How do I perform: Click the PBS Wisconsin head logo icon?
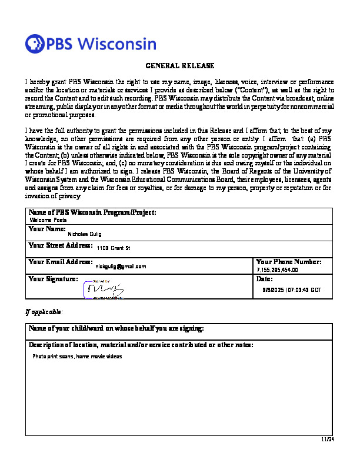[x=35, y=44]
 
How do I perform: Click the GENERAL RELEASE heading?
[x=179, y=66]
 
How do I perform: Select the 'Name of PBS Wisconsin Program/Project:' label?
[x=92, y=212]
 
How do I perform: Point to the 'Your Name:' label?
[x=47, y=228]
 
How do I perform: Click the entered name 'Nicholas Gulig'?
[x=85, y=234]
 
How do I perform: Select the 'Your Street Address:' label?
[x=61, y=245]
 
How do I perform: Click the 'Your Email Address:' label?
[x=61, y=261]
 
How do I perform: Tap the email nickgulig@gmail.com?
[x=121, y=267]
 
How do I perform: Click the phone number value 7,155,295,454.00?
[x=278, y=270]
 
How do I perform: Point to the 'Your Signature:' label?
[x=53, y=278]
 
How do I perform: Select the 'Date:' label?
[x=265, y=279]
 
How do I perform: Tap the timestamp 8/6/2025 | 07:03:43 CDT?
[x=292, y=290]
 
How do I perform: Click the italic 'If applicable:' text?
[x=43, y=311]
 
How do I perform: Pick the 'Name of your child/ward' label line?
[x=116, y=328]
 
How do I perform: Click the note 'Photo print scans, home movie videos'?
[x=77, y=357]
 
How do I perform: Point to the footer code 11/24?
[x=327, y=439]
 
